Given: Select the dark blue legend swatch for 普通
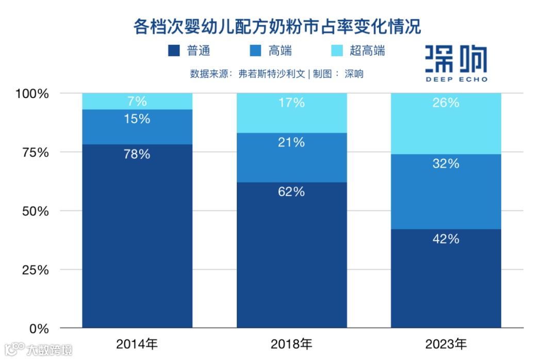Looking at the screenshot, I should click(x=174, y=51).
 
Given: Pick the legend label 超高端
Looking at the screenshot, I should click(x=367, y=51).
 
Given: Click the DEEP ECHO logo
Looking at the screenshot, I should click(x=456, y=63).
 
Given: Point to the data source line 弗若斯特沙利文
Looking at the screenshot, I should click(x=276, y=73).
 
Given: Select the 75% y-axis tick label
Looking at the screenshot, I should click(x=35, y=153).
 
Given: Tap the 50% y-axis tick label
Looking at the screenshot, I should click(x=35, y=211).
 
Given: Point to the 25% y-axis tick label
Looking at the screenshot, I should click(x=35, y=270).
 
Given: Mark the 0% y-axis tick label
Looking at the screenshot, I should click(x=38, y=329).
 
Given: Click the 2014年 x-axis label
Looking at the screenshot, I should click(x=137, y=343).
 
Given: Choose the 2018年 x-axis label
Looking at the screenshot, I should click(x=291, y=343).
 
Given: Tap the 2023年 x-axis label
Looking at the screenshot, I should click(x=446, y=343).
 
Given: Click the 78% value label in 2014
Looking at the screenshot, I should click(x=137, y=154).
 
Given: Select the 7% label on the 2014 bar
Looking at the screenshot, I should click(x=137, y=101).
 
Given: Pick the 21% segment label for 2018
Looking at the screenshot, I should click(x=291, y=142).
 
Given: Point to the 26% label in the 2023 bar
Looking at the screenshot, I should click(x=446, y=103).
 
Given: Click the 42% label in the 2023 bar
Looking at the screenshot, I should click(x=446, y=239).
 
